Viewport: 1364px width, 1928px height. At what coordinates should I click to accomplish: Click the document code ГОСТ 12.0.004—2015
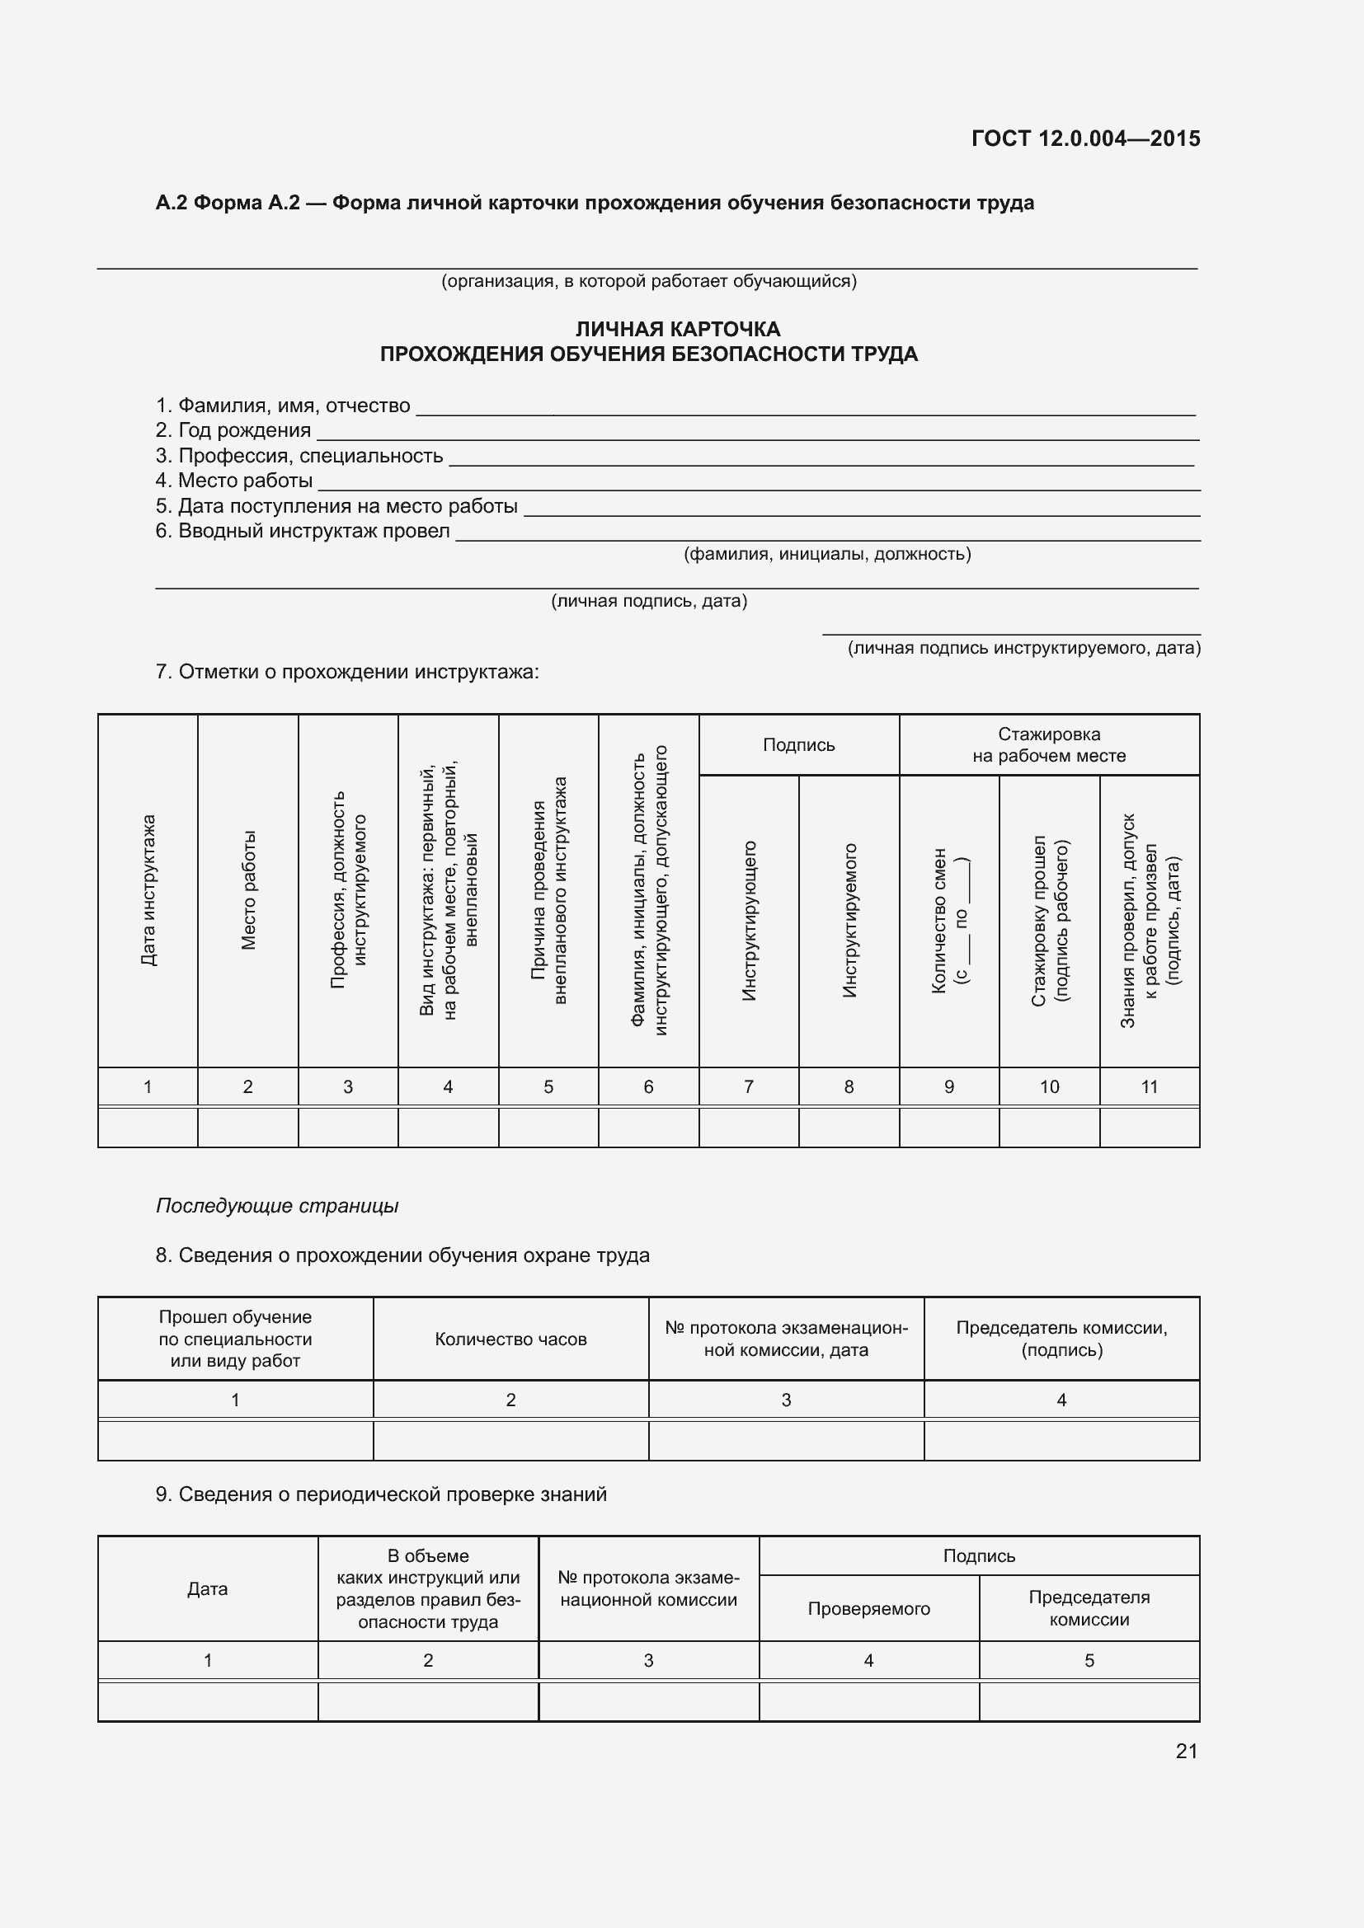coord(1085,138)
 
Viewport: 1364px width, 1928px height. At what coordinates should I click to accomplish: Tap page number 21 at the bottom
coord(1186,1751)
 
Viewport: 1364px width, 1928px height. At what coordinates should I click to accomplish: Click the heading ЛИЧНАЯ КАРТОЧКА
coord(678,329)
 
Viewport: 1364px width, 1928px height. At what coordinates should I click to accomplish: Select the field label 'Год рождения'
coord(243,431)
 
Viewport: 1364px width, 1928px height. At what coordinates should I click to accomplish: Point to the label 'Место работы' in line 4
coord(244,481)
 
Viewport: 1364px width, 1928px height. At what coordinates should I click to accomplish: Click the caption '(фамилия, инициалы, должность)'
coord(827,554)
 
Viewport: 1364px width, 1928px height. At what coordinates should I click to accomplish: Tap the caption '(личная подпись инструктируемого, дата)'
coord(1024,648)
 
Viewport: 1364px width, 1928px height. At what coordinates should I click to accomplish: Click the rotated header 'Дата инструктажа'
coord(148,890)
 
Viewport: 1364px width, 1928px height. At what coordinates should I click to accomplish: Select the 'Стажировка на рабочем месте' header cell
coord(1049,745)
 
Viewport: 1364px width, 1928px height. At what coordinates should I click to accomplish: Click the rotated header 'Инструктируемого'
coord(849,921)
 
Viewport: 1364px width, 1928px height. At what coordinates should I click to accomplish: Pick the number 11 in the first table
coord(1149,1087)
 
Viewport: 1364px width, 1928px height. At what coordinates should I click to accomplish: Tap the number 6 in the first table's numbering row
coord(648,1087)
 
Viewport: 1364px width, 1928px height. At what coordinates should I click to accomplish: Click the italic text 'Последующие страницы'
coord(277,1206)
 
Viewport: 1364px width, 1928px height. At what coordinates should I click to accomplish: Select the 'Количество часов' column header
coord(510,1339)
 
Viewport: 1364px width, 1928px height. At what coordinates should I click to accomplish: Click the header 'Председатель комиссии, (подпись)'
coord(1061,1339)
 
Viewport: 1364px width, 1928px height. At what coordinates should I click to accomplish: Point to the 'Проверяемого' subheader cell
coord(868,1609)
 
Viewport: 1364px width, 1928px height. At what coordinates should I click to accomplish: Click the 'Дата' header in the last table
coord(208,1588)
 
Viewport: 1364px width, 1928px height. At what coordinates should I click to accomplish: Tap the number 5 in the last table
coord(1089,1660)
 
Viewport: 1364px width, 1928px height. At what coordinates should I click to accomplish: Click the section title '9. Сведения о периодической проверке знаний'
coord(381,1494)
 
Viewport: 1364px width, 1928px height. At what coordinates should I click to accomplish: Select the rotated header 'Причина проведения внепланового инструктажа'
coord(548,890)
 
